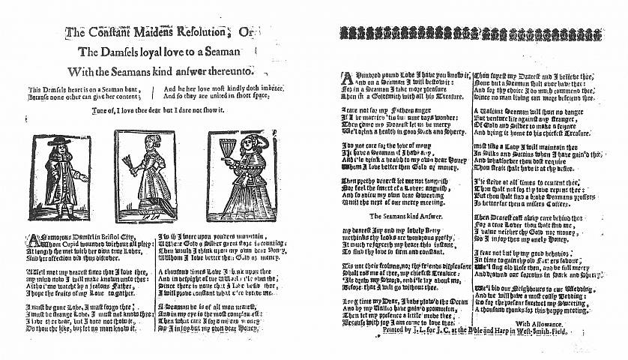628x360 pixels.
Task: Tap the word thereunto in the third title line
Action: coord(231,71)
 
